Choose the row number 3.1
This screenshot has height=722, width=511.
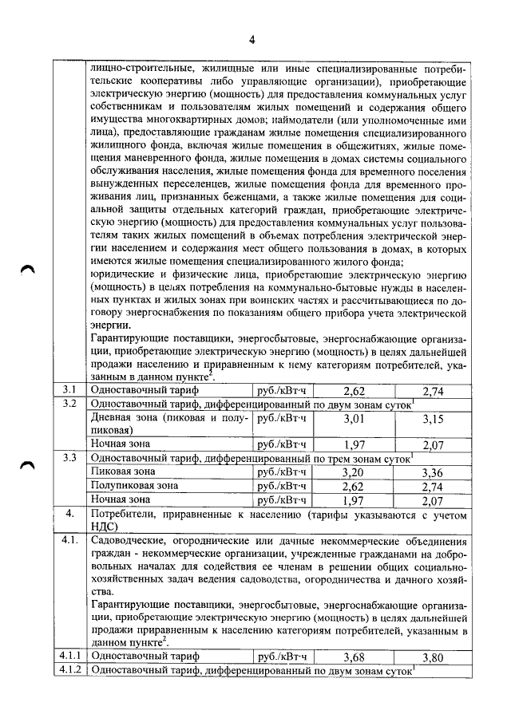(x=69, y=390)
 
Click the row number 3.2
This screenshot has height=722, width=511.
(x=69, y=404)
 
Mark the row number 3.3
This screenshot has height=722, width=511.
(x=69, y=458)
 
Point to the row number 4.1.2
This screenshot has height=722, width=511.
(x=69, y=671)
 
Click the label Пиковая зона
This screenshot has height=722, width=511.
(x=127, y=471)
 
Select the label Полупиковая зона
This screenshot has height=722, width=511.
(x=135, y=485)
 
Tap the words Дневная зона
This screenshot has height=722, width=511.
(x=129, y=417)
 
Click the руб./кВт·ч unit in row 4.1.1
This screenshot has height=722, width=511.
(x=279, y=657)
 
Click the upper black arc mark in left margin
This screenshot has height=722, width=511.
(x=30, y=270)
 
